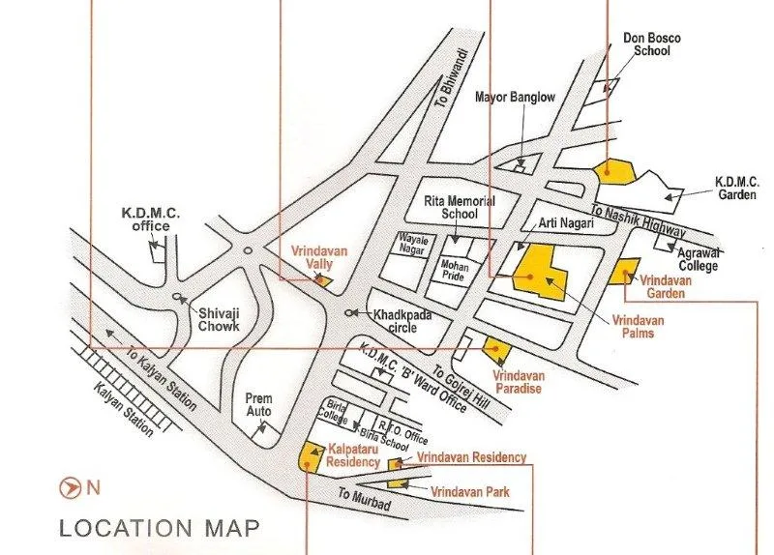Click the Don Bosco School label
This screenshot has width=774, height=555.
(651, 44)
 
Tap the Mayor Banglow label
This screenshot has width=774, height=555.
(515, 98)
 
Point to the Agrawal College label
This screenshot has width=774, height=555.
(718, 258)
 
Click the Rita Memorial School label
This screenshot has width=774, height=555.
(460, 207)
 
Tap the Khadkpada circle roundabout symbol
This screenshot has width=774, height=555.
(349, 312)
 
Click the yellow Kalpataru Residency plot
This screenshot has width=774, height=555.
(312, 452)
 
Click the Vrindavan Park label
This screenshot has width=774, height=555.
(470, 492)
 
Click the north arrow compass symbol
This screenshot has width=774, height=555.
(70, 487)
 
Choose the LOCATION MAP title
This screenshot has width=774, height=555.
(159, 528)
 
